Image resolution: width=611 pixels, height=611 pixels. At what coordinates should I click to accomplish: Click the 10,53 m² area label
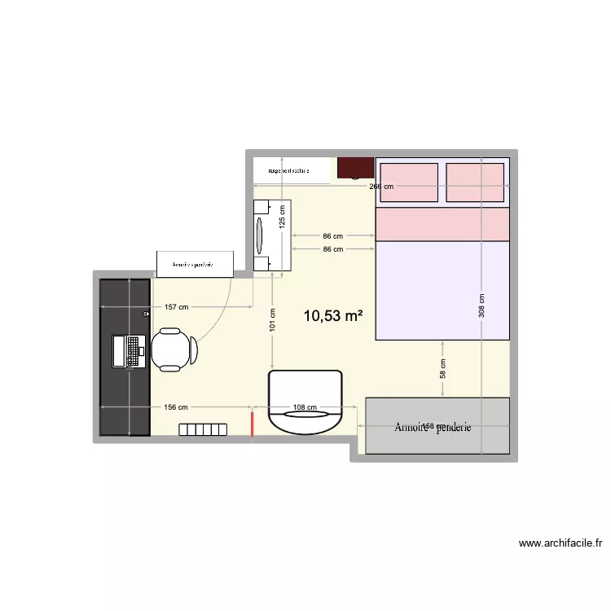tap(332, 316)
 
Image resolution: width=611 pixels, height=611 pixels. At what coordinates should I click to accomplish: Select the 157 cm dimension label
tap(176, 307)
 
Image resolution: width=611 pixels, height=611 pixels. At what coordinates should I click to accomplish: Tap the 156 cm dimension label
tap(176, 407)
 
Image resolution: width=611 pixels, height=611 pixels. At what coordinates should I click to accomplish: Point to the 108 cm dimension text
tap(305, 407)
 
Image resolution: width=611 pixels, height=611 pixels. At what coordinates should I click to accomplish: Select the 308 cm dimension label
tap(481, 305)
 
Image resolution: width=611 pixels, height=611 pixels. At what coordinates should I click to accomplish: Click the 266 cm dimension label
tap(381, 187)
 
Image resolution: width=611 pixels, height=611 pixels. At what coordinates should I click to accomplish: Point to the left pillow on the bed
tap(408, 182)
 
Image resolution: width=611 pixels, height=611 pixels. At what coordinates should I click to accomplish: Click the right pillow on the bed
tap(475, 182)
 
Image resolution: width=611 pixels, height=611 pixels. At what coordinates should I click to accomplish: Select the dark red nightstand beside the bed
tap(356, 168)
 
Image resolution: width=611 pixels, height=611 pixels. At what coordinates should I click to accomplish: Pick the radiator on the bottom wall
tap(203, 429)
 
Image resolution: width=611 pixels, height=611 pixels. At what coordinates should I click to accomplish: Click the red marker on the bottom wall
tap(253, 424)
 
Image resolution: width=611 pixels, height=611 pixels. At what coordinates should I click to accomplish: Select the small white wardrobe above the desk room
tap(196, 263)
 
